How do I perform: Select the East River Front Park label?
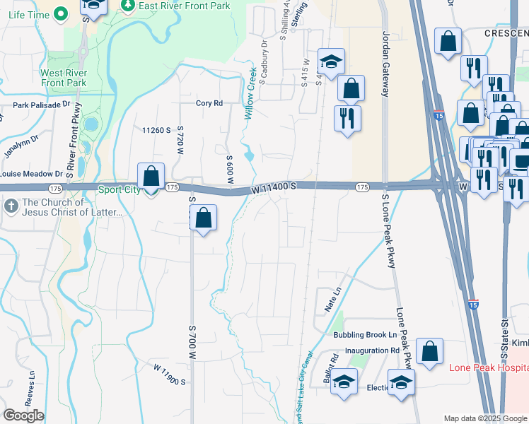point(175,5)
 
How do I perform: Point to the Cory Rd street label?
point(209,103)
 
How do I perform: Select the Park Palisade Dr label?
point(42,104)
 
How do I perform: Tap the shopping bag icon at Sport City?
point(151,176)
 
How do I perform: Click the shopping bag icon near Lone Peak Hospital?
point(429,351)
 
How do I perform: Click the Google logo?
point(24,416)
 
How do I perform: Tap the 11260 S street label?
point(156,130)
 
